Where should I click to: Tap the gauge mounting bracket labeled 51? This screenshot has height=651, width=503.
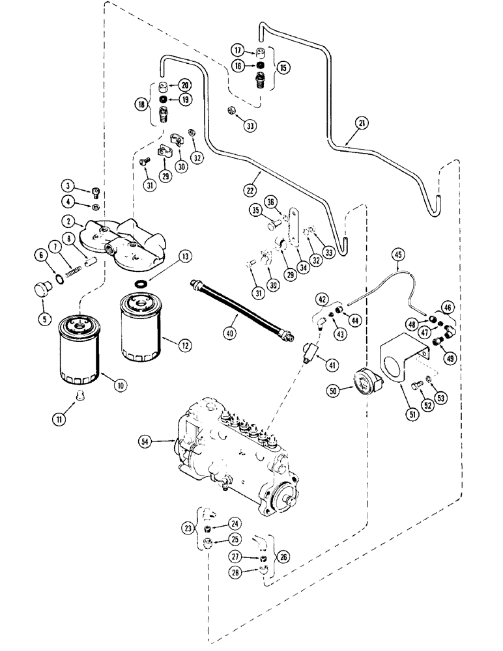click(x=401, y=361)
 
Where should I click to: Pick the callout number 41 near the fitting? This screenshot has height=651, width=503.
click(x=333, y=365)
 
